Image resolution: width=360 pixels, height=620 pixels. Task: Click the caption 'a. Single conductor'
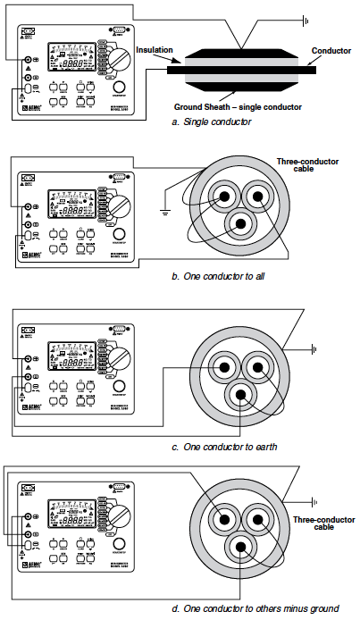click(x=213, y=121)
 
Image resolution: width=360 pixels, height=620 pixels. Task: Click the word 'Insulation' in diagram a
click(x=155, y=53)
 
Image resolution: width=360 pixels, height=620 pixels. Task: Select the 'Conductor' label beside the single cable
click(x=332, y=51)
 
